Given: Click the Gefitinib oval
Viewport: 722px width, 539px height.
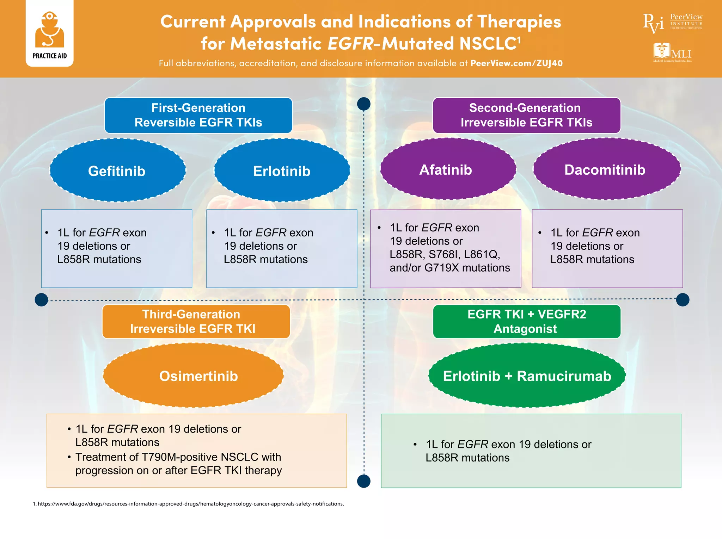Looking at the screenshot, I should [x=117, y=171].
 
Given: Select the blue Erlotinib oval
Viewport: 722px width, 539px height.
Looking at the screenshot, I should [x=282, y=171].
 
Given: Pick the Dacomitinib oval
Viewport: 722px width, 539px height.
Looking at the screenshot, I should [x=606, y=169].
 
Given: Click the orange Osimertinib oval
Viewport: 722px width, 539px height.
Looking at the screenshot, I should [x=193, y=376].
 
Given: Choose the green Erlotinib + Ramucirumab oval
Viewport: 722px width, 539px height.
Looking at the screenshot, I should [x=527, y=376].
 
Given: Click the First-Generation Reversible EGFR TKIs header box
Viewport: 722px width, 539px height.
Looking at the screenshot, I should [x=198, y=115].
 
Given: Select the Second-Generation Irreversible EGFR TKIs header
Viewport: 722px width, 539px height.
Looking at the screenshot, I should [x=526, y=115].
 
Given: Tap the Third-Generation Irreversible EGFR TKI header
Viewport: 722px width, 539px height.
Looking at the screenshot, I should [x=196, y=321].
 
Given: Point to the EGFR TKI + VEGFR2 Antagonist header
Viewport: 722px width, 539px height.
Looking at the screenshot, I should [x=526, y=321].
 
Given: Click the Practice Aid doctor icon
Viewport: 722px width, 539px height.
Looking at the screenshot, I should [x=49, y=30].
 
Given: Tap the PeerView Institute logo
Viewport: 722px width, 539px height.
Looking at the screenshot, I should [x=672, y=23].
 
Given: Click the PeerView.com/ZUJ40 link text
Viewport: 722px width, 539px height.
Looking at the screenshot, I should [x=516, y=63].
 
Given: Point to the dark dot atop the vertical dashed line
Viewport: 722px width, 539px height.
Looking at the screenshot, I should [x=364, y=104].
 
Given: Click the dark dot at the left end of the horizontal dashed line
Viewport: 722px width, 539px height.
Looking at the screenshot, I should [x=42, y=300].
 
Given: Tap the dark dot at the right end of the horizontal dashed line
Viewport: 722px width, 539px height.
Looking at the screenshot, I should [x=683, y=300].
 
